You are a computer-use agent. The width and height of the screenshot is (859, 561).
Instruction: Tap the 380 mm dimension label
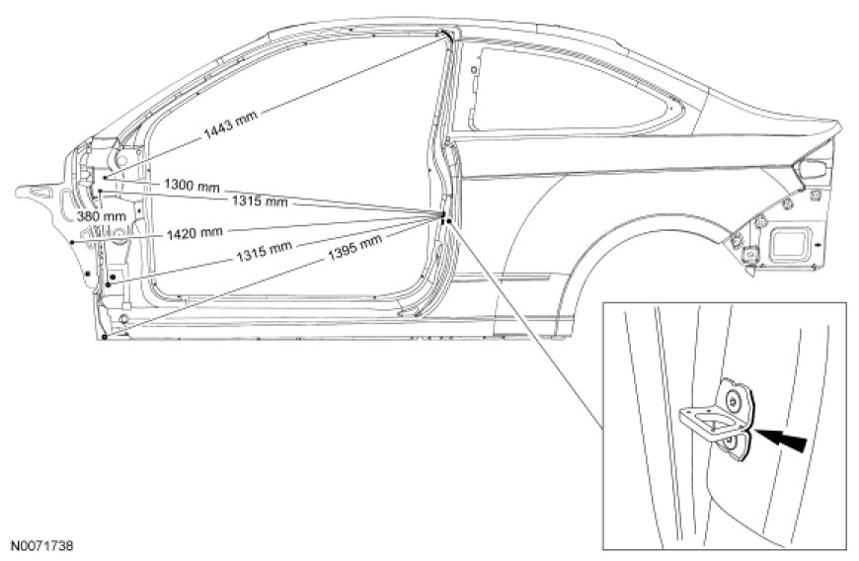tap(102, 215)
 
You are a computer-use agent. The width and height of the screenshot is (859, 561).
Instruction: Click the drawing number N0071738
tap(41, 544)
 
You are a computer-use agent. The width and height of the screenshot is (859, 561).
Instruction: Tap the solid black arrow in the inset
tap(786, 436)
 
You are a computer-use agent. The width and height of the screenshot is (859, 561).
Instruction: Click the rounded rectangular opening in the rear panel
tap(792, 240)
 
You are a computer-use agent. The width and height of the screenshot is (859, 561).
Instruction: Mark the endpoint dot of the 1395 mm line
tap(103, 337)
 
